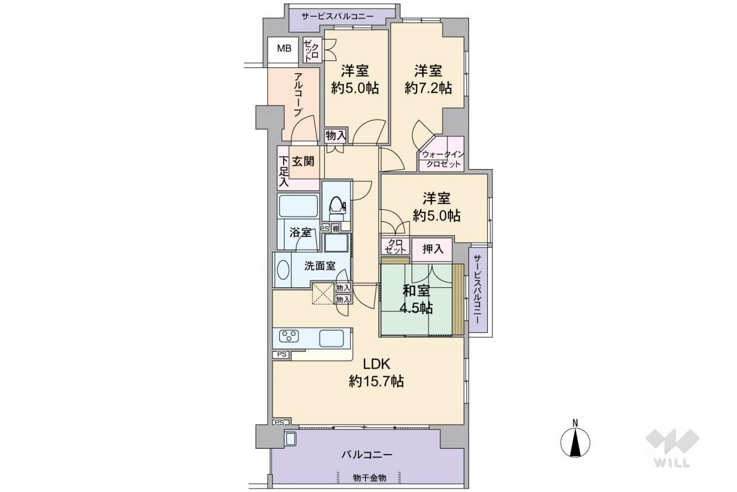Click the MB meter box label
click(x=284, y=49)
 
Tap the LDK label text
click(x=377, y=364)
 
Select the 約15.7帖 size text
click(x=377, y=381)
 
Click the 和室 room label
click(x=416, y=291)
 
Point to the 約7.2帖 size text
click(x=428, y=88)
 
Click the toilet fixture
click(x=336, y=209)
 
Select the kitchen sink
click(x=331, y=338)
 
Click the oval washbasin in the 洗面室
click(x=283, y=270)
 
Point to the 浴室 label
click(x=301, y=233)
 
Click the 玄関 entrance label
click(x=304, y=161)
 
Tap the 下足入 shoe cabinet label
click(x=283, y=171)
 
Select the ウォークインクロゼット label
click(x=443, y=159)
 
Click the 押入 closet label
click(x=433, y=249)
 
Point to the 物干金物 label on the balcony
click(x=370, y=477)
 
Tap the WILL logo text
click(x=672, y=463)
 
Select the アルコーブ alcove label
click(x=298, y=95)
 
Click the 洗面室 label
click(x=320, y=266)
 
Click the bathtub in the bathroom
click(x=298, y=206)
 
